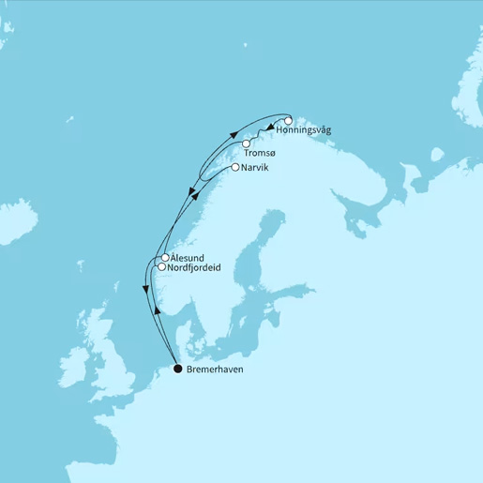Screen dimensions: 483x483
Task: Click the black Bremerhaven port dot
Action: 178,369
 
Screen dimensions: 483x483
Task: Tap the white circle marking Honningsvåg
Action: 289,119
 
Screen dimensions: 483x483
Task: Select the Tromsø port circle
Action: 246,143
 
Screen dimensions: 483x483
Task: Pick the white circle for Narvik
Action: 234,167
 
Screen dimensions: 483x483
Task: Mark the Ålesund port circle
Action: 165,257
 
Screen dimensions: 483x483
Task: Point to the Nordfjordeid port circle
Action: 161,266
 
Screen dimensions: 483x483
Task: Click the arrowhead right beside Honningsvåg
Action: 270,128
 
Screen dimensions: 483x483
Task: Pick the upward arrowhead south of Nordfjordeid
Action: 158,310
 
